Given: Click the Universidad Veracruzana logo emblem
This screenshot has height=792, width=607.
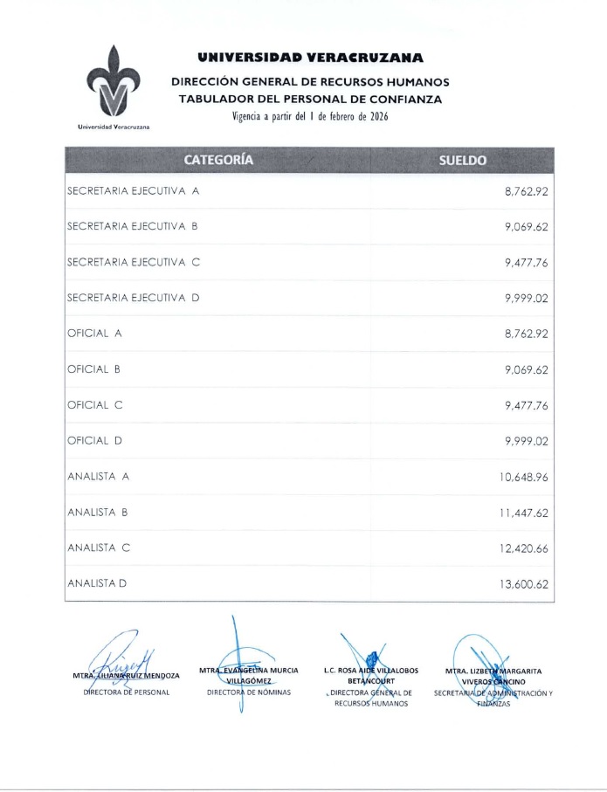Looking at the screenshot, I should [x=114, y=83].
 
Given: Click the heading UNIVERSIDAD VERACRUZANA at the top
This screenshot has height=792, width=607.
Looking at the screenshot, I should [x=310, y=59].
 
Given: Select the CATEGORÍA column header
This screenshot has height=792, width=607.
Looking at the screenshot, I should [x=218, y=160].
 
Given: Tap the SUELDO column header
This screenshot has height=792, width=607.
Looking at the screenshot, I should [x=462, y=160].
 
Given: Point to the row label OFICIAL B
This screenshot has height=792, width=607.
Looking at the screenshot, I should [x=93, y=369].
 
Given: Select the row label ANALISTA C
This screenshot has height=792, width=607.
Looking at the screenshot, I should [x=99, y=548].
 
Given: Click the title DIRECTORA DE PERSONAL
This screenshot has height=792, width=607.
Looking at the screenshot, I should [x=126, y=692].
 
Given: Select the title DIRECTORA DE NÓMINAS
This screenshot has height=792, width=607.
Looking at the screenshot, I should [x=249, y=692].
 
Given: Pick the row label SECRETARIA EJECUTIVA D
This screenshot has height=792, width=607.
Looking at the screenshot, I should [x=134, y=298].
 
